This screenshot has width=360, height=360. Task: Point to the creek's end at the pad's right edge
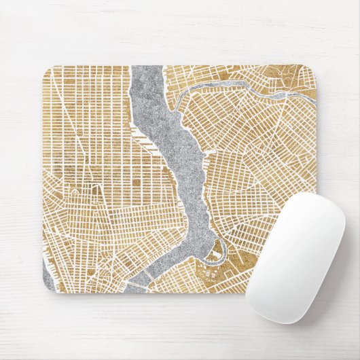314,102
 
